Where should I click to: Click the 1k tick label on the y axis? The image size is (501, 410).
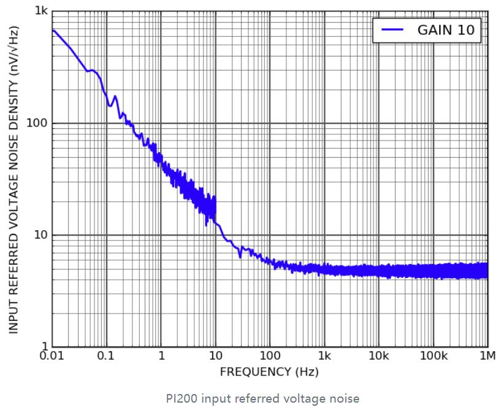pos(40,11)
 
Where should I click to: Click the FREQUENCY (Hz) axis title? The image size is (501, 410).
pos(269,372)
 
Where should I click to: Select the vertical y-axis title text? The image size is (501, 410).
pos(14,179)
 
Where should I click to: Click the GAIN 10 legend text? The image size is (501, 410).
pos(446,29)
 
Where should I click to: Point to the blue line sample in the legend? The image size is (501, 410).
pos(392,29)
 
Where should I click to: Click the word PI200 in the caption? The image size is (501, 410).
pos(180,398)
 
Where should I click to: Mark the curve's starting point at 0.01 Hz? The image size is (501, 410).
pos(53,31)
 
